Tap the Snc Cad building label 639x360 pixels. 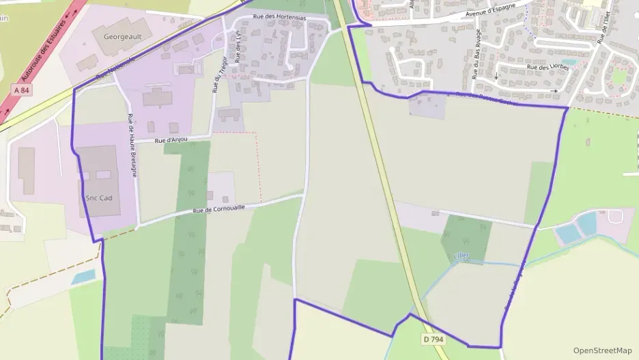point(99,198)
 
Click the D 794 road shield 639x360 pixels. point(434,339)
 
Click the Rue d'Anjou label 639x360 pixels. point(171,140)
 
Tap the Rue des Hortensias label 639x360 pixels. point(279,17)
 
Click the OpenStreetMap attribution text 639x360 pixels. point(602,350)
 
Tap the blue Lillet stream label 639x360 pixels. point(462,255)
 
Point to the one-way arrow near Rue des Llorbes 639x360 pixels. point(554,90)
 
